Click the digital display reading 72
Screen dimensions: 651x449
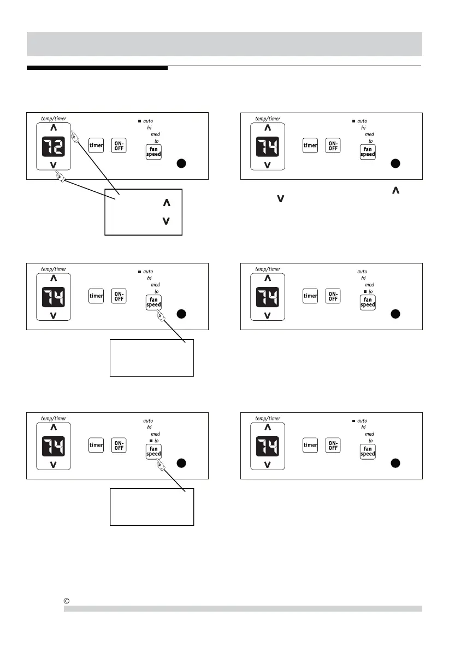pos(53,146)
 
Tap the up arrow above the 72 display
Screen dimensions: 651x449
pos(53,128)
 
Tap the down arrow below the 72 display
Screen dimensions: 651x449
pos(53,165)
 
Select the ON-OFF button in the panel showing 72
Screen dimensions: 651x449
pos(119,145)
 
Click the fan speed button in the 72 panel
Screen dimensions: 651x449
pos(153,152)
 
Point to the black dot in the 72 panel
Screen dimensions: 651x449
pos(182,163)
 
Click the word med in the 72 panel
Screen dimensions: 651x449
pos(155,134)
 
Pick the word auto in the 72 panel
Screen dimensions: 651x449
pos(148,121)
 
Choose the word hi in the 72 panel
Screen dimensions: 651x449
pos(149,127)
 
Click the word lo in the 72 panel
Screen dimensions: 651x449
pos(156,140)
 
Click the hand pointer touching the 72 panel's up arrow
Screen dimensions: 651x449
pos(75,140)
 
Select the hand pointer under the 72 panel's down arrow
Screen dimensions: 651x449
pos(60,176)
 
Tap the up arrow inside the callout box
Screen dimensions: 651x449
pos(166,203)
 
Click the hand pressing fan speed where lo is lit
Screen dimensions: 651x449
pos(159,465)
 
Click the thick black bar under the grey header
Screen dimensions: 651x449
pos(97,68)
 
